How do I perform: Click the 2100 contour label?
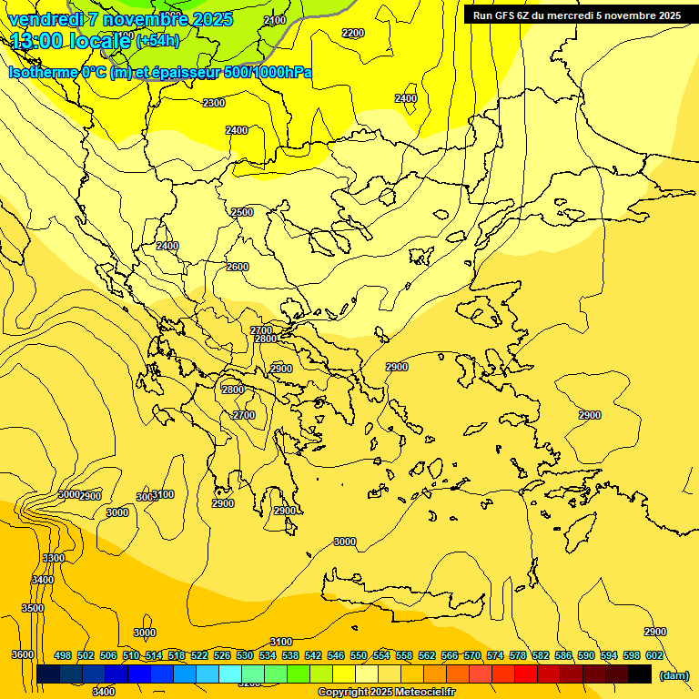point(274,20)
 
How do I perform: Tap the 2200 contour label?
point(353,34)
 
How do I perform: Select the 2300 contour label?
point(214,103)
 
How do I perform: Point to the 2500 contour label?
point(242,212)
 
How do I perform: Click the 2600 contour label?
point(237,267)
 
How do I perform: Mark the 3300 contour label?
point(54,558)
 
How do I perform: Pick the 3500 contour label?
point(33,608)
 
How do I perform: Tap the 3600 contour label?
point(23,655)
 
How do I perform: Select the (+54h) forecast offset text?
point(158,41)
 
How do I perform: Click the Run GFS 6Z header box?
point(576,15)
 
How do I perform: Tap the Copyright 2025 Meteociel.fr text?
point(386,693)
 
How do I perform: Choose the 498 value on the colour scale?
point(63,656)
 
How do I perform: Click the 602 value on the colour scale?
point(654,656)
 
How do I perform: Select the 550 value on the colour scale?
point(359,656)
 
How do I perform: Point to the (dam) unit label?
point(674,675)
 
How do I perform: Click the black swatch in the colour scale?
point(640,674)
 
